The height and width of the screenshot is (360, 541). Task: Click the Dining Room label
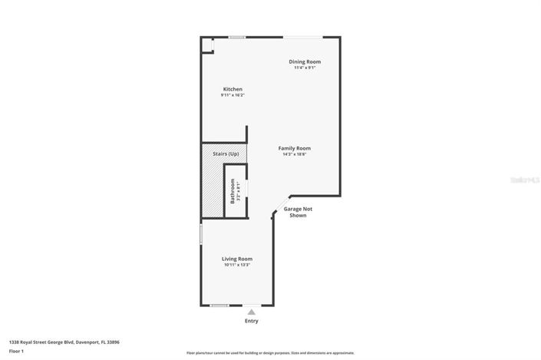click(305, 61)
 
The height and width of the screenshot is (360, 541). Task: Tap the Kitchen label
click(233, 89)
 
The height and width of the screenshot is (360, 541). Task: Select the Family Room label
click(294, 148)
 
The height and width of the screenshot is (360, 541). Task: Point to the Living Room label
click(237, 259)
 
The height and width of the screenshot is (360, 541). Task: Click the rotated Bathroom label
click(232, 191)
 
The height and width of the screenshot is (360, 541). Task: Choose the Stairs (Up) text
click(225, 154)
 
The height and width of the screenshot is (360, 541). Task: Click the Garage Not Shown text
click(298, 212)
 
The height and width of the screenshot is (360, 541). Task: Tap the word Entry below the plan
click(251, 321)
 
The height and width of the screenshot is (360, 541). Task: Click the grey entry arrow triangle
click(251, 312)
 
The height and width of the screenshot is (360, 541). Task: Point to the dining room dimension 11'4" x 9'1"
click(305, 68)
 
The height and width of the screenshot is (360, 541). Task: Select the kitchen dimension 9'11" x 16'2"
click(233, 96)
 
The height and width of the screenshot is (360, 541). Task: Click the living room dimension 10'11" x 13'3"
click(237, 266)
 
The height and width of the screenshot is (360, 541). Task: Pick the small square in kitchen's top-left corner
click(206, 45)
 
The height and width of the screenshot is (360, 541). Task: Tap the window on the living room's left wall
click(201, 234)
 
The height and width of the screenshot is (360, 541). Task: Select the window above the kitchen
click(237, 37)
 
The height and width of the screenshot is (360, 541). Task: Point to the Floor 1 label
click(17, 351)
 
